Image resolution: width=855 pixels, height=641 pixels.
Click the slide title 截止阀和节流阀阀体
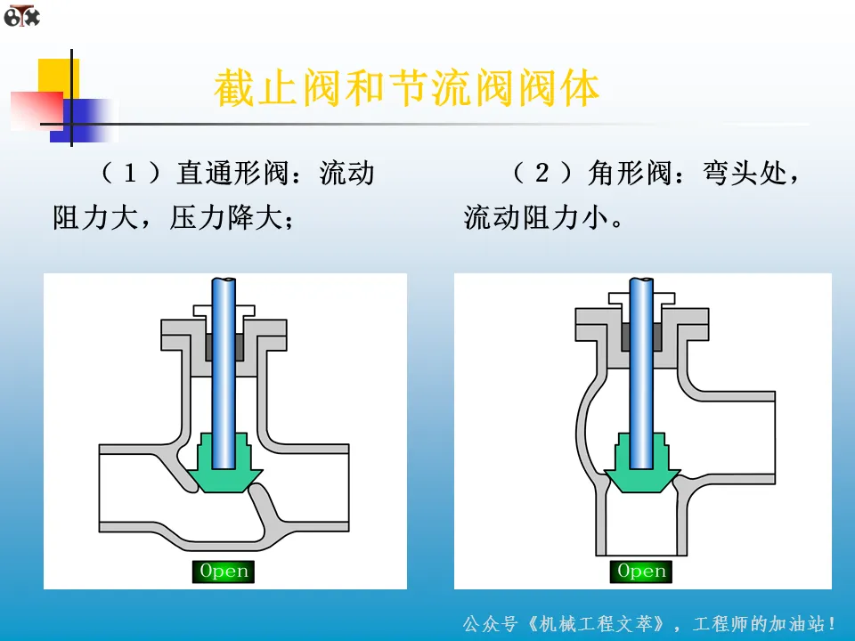click(407, 90)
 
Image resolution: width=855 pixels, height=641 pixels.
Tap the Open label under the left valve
click(224, 572)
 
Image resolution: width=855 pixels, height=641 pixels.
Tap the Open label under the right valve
click(642, 572)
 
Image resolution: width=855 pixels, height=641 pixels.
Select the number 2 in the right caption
click(541, 173)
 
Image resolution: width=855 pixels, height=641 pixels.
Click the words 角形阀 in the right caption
click(630, 173)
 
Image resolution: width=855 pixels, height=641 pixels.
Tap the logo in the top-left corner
click(21, 15)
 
